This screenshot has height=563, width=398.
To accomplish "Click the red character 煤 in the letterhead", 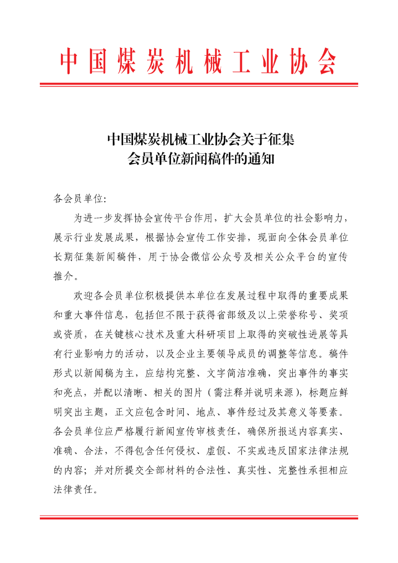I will tap(127, 61).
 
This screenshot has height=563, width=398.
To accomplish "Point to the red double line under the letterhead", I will tap(199, 85).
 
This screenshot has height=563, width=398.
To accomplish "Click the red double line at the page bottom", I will tap(199, 517).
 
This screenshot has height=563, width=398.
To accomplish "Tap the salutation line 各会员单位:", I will tap(80, 199).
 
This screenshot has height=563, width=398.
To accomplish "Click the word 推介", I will tap(63, 276).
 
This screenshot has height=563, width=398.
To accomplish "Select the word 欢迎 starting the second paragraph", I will tap(83, 296).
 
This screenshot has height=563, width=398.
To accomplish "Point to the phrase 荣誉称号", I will tap(297, 315).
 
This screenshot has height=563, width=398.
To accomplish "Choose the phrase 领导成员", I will tap(236, 354).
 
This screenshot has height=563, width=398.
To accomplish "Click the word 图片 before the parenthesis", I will tap(193, 393).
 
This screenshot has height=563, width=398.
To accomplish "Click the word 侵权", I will tap(186, 451).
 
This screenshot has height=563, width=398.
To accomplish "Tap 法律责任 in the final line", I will tap(74, 490).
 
